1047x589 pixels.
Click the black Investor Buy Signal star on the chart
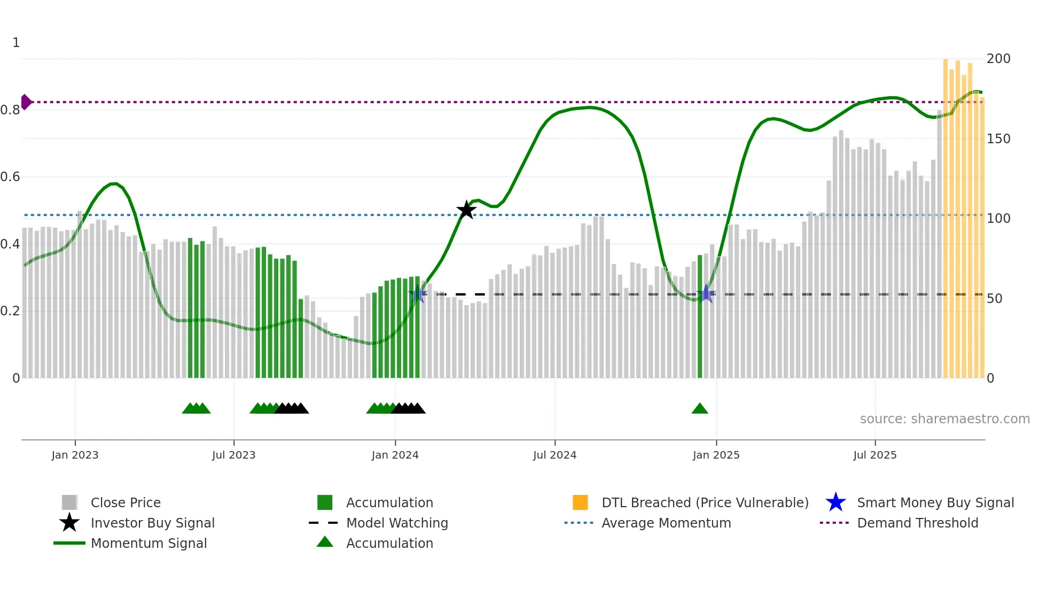466,210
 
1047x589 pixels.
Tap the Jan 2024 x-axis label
395,455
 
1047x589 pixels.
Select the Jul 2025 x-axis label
874,455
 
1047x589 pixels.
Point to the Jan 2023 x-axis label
75,455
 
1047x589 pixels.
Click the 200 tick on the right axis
998,58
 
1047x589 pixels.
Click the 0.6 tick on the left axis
11,176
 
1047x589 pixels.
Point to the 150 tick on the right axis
998,138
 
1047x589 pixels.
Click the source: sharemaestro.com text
944,418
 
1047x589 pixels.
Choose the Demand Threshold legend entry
917,523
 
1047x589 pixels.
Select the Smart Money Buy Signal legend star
835,502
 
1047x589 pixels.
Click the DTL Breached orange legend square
580,502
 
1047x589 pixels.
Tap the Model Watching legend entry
396,523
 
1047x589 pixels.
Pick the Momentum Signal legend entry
149,543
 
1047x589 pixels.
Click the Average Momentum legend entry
666,523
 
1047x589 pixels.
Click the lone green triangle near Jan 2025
699,409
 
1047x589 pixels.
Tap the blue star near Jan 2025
706,293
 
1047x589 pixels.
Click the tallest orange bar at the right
946,214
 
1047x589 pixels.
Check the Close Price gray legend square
69,502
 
